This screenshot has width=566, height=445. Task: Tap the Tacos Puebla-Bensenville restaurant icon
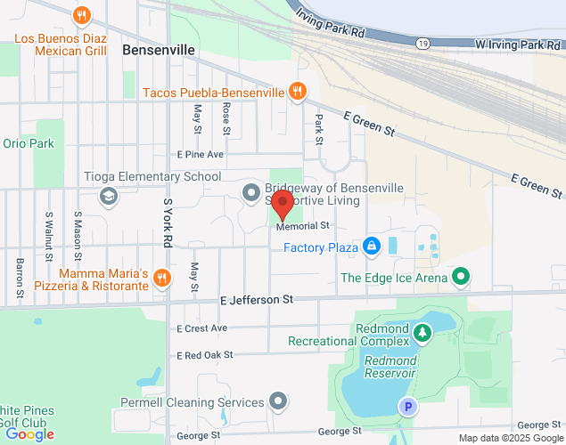click(x=299, y=92)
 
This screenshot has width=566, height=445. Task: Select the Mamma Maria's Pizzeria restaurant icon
click(x=161, y=278)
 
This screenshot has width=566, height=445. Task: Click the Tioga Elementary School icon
click(x=109, y=196)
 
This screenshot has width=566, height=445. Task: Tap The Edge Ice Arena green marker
click(x=460, y=278)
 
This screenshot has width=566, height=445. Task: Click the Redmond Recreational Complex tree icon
click(x=422, y=333)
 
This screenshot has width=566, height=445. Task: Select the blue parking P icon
click(x=407, y=407)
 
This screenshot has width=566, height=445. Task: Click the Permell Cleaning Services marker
click(x=279, y=402)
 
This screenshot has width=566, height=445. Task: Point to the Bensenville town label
click(x=159, y=50)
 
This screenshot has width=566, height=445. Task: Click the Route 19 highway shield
click(x=424, y=44)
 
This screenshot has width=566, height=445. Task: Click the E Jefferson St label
click(x=256, y=302)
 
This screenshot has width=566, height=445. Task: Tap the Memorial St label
click(x=303, y=226)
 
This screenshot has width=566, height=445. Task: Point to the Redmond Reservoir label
click(x=390, y=367)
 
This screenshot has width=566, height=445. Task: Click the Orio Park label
click(x=29, y=143)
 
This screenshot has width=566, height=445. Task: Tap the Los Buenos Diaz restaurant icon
click(x=82, y=15)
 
